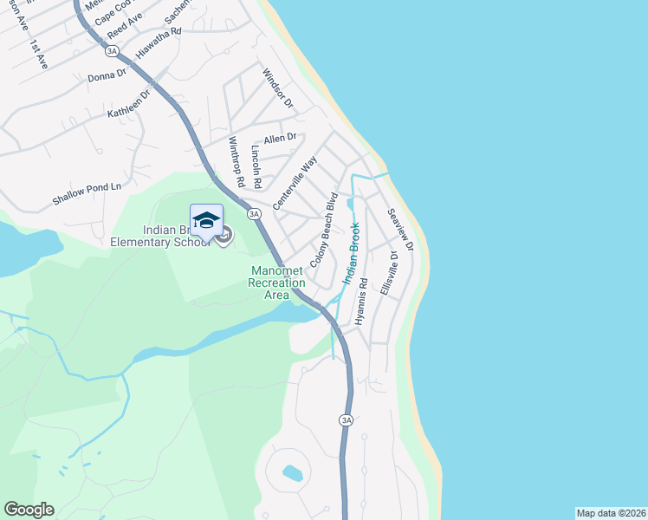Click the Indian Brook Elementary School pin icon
(x=206, y=221)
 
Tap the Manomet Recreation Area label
(x=276, y=283)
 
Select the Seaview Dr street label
(x=400, y=231)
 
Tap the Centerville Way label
(x=295, y=183)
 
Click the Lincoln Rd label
(x=256, y=166)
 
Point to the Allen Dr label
(x=280, y=138)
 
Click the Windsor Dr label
(x=278, y=89)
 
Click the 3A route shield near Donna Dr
(x=111, y=51)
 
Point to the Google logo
(x=29, y=510)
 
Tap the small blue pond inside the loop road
(x=292, y=473)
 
